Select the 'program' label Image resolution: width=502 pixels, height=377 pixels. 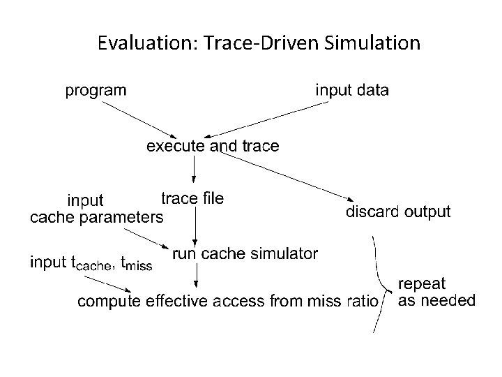coord(96,90)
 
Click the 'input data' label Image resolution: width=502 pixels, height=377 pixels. coord(353,90)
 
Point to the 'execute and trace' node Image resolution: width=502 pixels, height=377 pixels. coord(212,146)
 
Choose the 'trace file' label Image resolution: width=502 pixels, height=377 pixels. coord(192,198)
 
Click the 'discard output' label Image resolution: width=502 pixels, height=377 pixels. coord(398,212)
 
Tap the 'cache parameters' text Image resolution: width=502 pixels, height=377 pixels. coord(96,216)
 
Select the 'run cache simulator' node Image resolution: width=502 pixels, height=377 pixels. coord(245,253)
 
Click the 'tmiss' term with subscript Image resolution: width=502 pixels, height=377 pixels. coord(136,264)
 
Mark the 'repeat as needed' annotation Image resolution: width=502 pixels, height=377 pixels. coord(436,293)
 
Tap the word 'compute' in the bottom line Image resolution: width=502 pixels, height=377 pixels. coord(105,302)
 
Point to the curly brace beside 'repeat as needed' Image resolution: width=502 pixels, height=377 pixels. coord(383,286)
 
